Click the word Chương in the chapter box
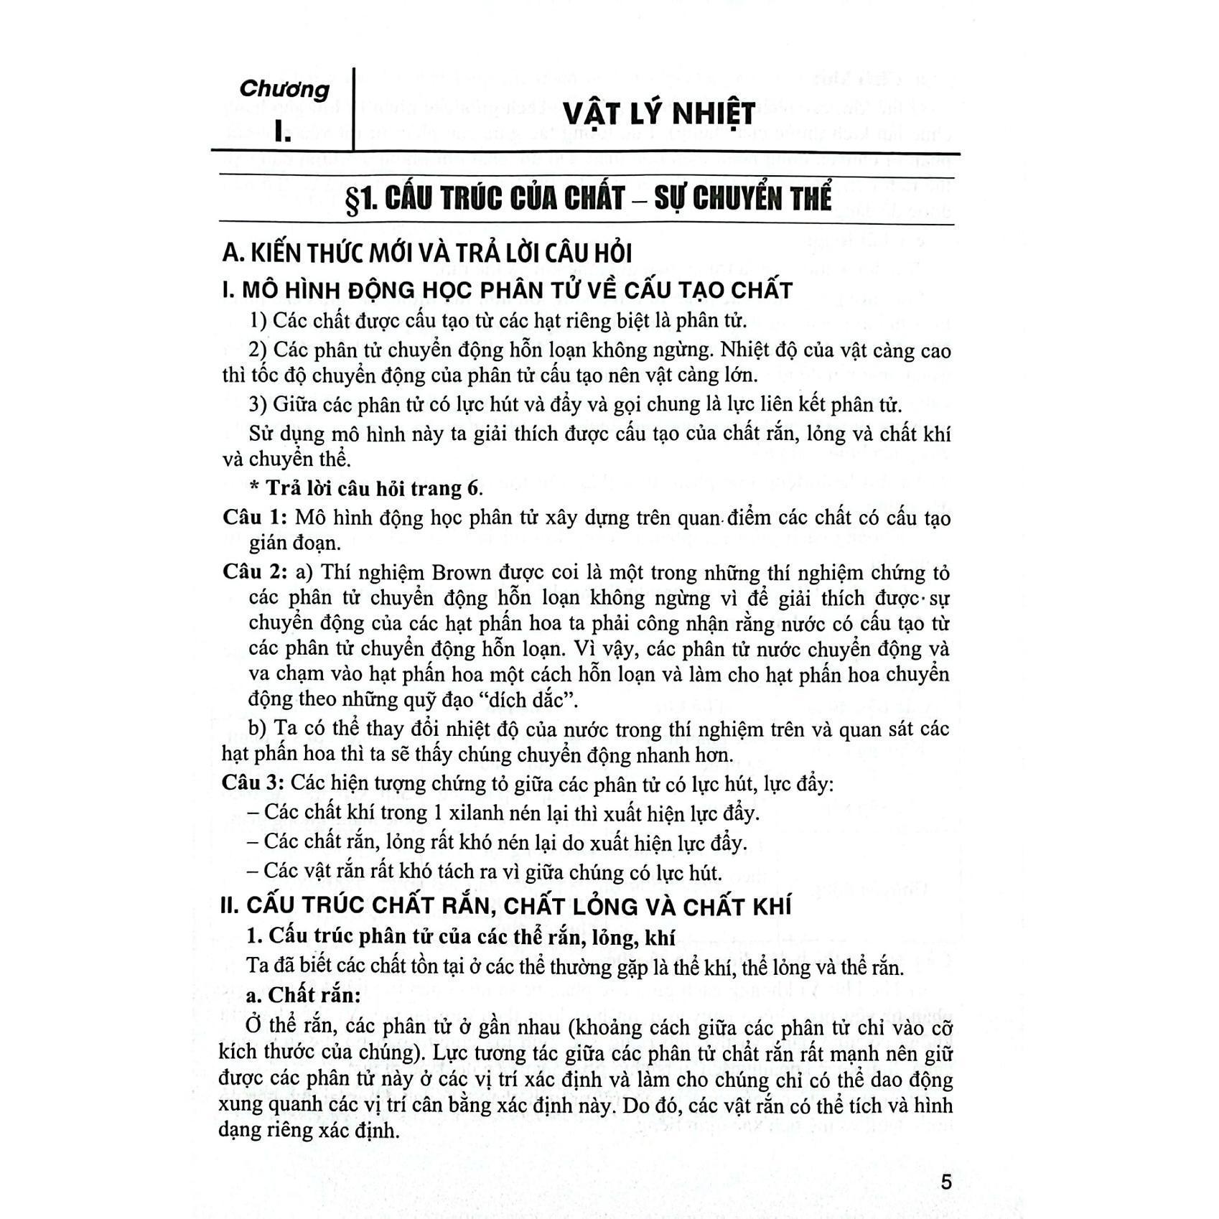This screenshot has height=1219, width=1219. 284,89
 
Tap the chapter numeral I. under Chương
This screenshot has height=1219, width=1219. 282,132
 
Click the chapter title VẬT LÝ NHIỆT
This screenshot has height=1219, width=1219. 658,114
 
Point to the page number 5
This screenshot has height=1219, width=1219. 946,1182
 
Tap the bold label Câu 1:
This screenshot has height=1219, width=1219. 255,518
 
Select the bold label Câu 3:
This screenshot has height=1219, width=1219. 254,783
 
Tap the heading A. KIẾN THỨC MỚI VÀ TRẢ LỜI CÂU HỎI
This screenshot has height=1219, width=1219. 427,253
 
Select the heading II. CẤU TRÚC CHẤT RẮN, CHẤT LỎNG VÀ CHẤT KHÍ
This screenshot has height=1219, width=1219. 505,906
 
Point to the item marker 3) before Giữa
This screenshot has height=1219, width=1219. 258,404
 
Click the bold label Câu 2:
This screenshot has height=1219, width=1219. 255,573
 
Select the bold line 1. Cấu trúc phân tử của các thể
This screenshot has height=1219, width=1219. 461,937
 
